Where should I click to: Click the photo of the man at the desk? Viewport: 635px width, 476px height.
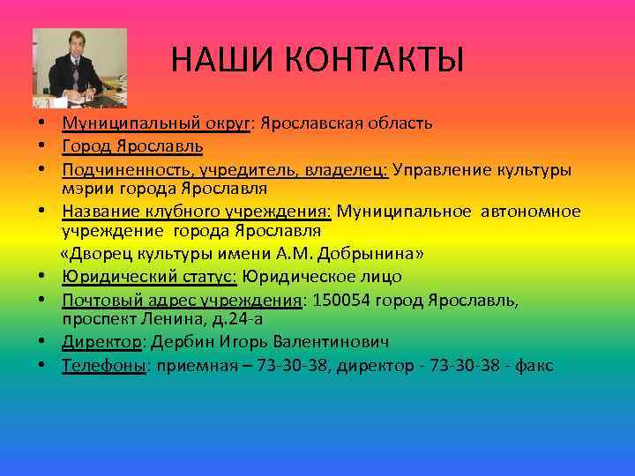click(x=79, y=68)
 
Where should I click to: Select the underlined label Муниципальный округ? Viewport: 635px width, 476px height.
click(x=156, y=123)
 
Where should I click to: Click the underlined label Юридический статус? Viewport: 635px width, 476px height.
click(x=148, y=277)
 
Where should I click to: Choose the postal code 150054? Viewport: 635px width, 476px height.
click(x=339, y=300)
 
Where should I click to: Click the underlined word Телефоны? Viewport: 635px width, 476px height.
click(x=103, y=366)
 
